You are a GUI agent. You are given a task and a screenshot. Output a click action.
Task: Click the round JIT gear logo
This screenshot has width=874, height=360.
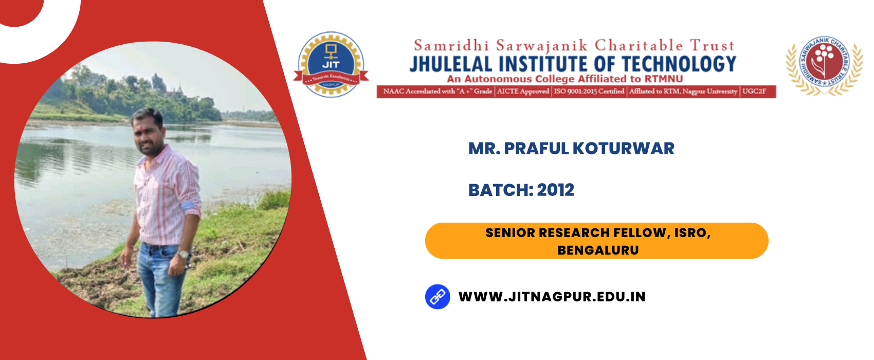point(331,64)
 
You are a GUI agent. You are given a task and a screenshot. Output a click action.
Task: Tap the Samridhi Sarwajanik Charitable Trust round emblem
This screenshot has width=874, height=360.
point(824,65)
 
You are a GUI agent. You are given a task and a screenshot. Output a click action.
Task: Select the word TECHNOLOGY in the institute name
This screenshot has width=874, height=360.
point(679,64)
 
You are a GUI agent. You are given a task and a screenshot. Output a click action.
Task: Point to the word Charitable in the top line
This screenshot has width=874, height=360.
point(639,46)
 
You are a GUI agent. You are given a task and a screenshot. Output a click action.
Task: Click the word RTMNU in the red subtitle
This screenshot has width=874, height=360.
point(664,79)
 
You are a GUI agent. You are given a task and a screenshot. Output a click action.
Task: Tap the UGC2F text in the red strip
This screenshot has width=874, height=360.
point(754,92)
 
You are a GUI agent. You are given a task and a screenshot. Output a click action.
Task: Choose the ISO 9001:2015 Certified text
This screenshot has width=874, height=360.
point(589,92)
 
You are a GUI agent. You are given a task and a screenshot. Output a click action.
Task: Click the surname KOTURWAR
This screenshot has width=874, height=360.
point(624,149)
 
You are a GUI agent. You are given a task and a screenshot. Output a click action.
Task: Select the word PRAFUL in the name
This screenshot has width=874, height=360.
point(537,149)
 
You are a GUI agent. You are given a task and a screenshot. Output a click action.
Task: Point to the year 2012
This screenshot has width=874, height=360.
point(556,190)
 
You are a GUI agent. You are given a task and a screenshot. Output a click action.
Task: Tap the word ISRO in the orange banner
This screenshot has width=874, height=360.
point(693,233)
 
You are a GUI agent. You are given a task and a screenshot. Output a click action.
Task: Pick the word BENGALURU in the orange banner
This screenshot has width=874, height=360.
point(598,250)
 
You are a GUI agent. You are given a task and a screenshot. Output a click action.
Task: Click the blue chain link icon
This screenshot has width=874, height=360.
point(438,297)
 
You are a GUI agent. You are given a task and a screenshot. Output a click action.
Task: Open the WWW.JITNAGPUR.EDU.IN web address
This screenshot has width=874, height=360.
point(552,297)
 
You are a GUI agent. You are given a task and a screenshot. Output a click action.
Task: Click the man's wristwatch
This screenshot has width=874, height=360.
point(184,254)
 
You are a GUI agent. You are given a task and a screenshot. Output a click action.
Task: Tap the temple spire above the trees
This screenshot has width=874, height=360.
point(179,89)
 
